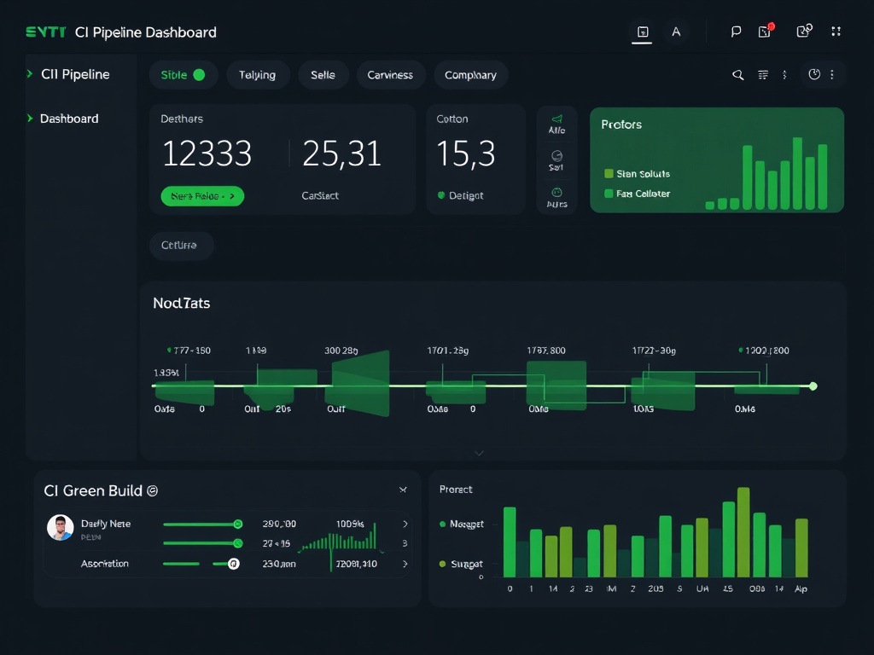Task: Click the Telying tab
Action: point(257,75)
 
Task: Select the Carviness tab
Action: point(390,75)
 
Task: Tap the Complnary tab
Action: point(470,75)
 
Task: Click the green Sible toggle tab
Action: point(183,75)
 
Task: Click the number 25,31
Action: point(341,154)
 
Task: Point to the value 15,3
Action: point(465,154)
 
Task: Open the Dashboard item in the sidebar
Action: point(69,119)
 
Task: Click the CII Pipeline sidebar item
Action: point(75,74)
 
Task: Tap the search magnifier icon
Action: point(738,75)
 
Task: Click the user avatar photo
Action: point(60,527)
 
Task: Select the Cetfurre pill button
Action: point(179,246)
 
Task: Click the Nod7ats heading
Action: point(181,303)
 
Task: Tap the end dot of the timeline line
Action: point(813,386)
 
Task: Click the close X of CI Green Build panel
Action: point(403,490)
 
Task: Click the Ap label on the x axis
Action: point(801,588)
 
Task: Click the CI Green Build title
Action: point(93,490)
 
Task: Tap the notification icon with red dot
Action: point(766,32)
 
